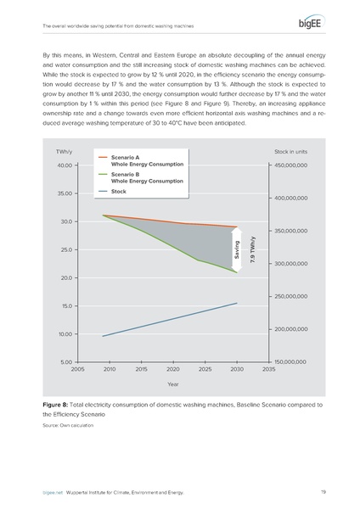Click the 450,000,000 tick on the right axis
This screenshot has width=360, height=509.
click(296, 165)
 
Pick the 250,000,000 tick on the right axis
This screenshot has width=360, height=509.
click(296, 296)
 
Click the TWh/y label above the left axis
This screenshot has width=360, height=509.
click(64, 152)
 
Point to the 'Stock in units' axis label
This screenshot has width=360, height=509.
click(295, 152)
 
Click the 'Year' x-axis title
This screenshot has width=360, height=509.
click(173, 383)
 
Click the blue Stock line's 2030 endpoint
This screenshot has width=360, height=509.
click(237, 303)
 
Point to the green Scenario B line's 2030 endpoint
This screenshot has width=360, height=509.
click(237, 272)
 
